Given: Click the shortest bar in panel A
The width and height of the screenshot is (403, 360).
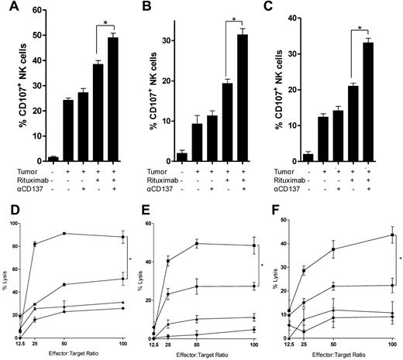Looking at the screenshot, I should tap(31, 158).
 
